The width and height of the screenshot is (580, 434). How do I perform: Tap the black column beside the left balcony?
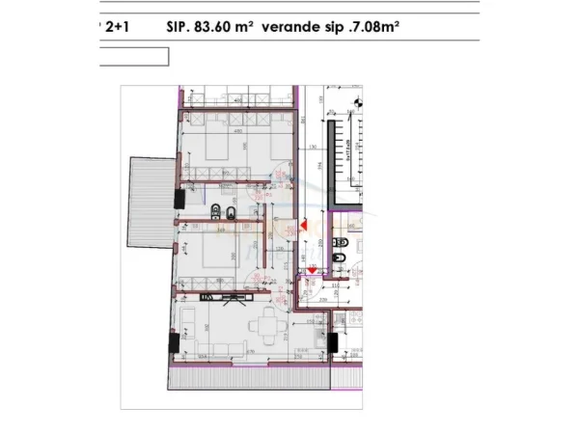click(x=178, y=199)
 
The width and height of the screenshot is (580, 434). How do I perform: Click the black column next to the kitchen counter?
click(x=331, y=341)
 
